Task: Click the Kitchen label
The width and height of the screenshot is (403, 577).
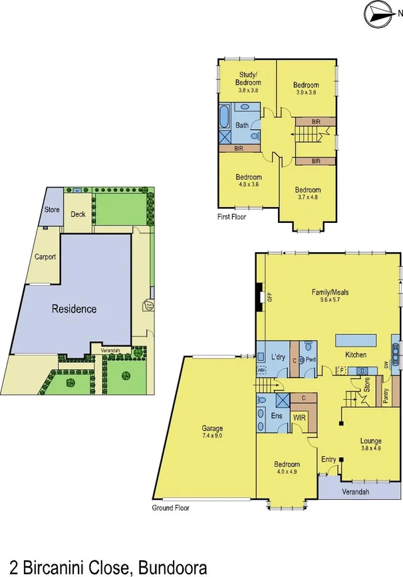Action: click(356, 355)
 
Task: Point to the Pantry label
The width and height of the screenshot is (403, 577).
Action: click(385, 395)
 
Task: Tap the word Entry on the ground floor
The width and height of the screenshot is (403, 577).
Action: click(329, 459)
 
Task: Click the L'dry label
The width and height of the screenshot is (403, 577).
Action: click(278, 355)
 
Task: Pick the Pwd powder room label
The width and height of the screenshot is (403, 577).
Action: click(311, 360)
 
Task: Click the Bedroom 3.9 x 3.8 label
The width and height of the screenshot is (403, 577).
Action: click(306, 89)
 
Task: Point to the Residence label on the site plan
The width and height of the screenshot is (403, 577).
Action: click(75, 309)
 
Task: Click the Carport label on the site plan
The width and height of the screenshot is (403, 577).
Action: click(45, 257)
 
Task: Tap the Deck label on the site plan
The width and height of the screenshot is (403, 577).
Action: click(78, 214)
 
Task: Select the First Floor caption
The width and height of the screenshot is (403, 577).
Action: click(233, 217)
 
